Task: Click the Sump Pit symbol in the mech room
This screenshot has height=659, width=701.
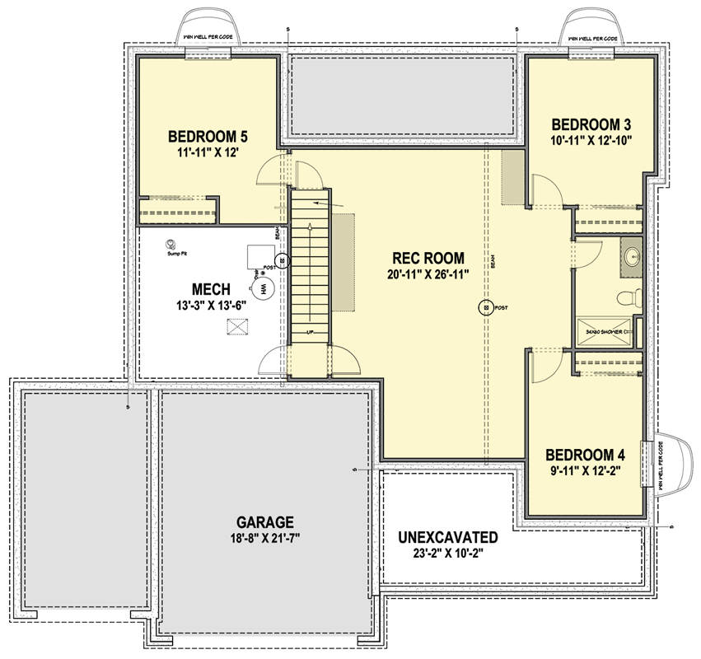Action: (171, 245)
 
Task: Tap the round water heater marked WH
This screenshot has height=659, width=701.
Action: (263, 290)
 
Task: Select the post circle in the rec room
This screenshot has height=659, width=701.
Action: (486, 307)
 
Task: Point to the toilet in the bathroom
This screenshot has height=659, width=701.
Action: (627, 297)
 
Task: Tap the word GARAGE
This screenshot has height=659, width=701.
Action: (265, 521)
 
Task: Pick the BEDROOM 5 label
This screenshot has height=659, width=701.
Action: (208, 137)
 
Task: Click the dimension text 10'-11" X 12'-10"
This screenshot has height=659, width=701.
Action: (591, 140)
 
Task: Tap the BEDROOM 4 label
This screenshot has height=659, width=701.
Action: (585, 455)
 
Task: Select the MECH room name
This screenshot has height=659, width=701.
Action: (210, 289)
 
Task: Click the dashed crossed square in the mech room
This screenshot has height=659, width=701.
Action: (237, 327)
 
